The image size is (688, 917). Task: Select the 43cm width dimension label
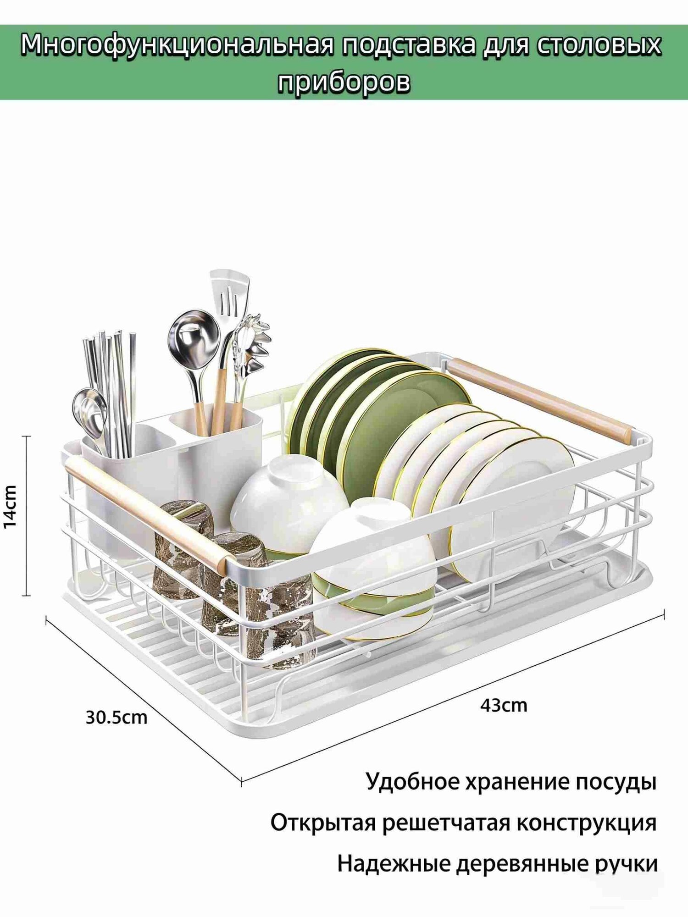click(x=504, y=705)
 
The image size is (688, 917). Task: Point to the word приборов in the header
click(x=344, y=83)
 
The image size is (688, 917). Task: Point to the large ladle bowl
click(x=194, y=337)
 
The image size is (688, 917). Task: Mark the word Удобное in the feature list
click(x=411, y=782)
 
